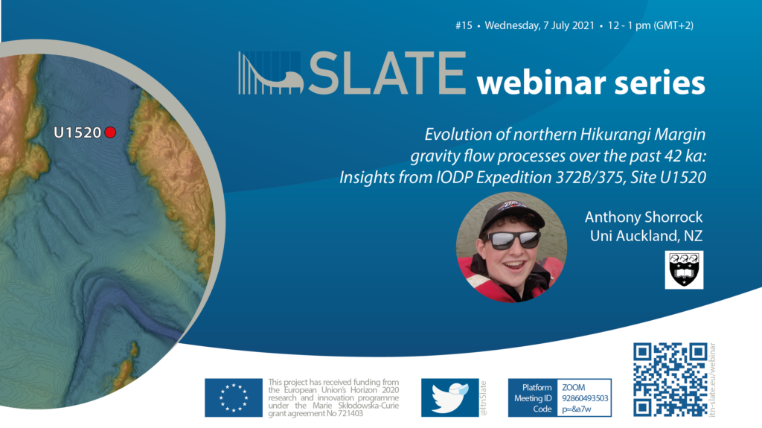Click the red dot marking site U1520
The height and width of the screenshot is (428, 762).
pos(110,132)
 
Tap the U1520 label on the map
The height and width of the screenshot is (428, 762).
pos(77,132)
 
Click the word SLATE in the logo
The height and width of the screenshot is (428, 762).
pos(387,74)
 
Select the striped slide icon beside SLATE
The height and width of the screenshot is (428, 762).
pos(271,73)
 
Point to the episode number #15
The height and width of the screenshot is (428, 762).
pos(464,26)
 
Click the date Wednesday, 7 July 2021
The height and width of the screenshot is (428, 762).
pos(540,26)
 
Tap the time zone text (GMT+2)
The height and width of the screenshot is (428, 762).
pos(673,26)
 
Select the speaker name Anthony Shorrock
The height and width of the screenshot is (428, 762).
pos(644,217)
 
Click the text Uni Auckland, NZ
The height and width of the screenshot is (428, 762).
pos(647,236)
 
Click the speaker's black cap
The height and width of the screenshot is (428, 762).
pos(512,216)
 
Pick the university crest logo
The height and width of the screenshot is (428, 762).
pos(684,270)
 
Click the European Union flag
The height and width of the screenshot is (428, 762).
pos(233,397)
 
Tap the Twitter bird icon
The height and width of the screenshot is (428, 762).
pos(450,397)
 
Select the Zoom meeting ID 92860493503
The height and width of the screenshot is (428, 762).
pos(585,398)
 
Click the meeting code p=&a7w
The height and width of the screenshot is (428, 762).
pos(577,409)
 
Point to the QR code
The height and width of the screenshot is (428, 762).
pos(670,380)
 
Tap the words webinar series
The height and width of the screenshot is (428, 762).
pos(590,83)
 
